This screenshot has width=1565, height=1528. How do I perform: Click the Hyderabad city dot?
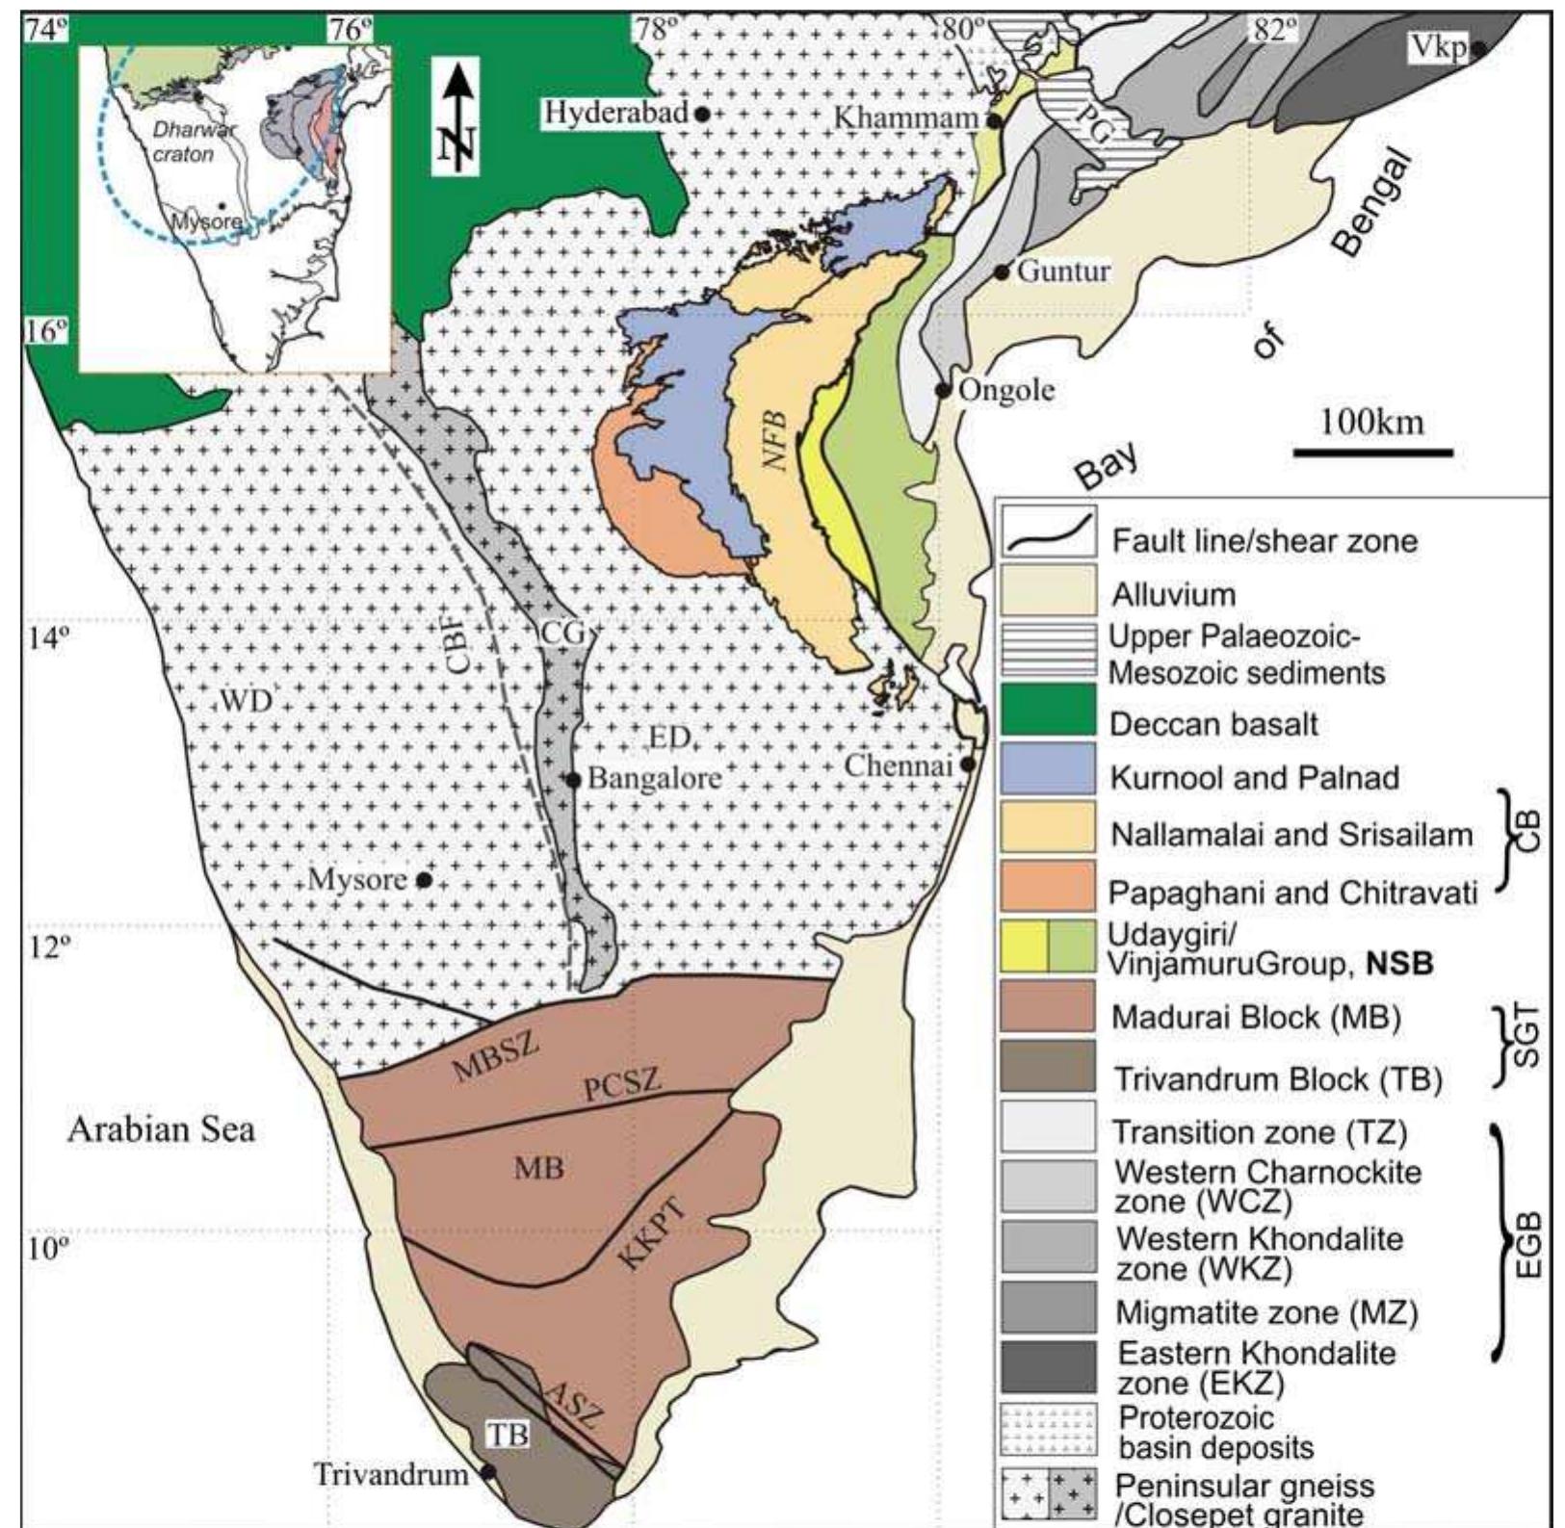[x=702, y=114]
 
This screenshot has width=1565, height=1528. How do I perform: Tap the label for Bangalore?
[x=654, y=778]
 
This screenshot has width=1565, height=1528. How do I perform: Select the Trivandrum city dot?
[x=488, y=1472]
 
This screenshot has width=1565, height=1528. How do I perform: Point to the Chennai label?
[x=898, y=766]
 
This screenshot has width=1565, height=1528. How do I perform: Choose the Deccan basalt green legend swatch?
[x=1048, y=709]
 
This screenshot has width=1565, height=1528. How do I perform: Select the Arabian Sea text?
[x=161, y=1129]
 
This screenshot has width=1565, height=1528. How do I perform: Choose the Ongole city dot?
[x=944, y=390]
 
